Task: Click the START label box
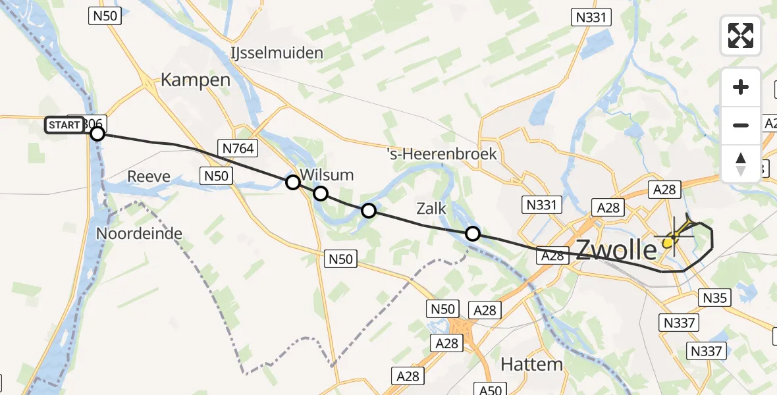click(65, 124)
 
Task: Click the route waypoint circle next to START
click(97, 134)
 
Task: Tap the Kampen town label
click(196, 80)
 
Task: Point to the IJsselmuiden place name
click(277, 53)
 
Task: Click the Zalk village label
click(431, 209)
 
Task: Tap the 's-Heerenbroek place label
click(442, 154)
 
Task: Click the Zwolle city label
click(616, 250)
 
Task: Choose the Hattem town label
click(531, 363)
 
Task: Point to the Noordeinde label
click(139, 233)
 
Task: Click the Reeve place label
click(148, 176)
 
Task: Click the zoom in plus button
click(741, 87)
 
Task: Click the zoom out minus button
click(741, 125)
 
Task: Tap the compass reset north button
click(741, 163)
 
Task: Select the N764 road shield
click(238, 149)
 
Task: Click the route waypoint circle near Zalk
click(473, 233)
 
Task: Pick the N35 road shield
click(715, 298)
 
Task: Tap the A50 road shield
click(491, 390)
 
